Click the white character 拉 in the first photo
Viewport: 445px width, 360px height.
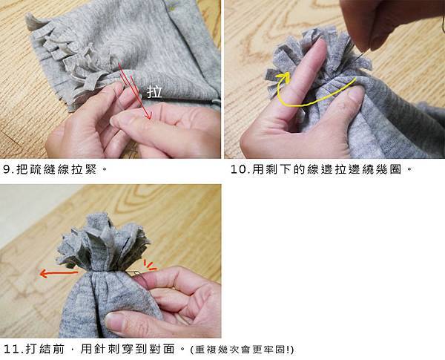(154, 92)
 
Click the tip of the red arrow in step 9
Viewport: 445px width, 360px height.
(151, 119)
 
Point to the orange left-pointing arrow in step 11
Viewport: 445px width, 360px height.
(59, 274)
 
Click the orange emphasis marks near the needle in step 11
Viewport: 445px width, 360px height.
(150, 265)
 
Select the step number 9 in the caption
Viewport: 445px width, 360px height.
(7, 170)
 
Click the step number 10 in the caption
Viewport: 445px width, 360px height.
(239, 170)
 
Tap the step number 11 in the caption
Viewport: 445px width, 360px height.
(12, 349)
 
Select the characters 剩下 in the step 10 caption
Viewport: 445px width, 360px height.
(279, 170)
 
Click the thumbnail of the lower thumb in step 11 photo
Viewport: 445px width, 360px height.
(116, 322)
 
